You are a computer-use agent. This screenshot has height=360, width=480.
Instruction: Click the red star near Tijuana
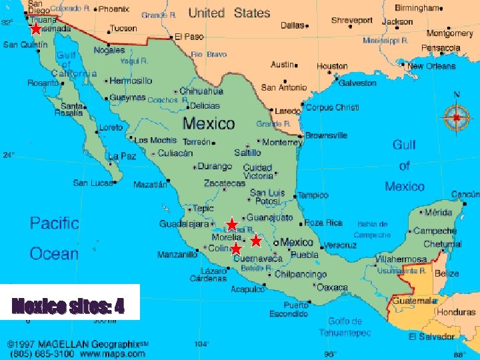pos(35,29)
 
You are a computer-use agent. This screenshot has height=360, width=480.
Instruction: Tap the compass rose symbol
pos(456,117)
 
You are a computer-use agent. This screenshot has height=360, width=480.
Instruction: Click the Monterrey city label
pos(282,142)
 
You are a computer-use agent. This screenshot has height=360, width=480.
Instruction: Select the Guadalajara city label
pos(183,225)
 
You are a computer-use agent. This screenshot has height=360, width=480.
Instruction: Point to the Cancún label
pos(465,195)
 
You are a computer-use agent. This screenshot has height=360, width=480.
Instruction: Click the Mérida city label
pos(439,212)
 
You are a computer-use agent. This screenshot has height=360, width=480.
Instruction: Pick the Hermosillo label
pos(131,81)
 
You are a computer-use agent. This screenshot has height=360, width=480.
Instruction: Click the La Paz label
pos(123,156)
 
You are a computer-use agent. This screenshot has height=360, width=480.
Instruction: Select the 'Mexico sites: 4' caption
pos(67,307)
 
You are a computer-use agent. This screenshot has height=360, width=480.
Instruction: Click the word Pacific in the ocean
pos(55,223)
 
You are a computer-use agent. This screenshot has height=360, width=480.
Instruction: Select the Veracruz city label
pos(341,245)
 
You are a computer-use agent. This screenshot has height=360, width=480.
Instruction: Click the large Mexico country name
pos(209,123)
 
